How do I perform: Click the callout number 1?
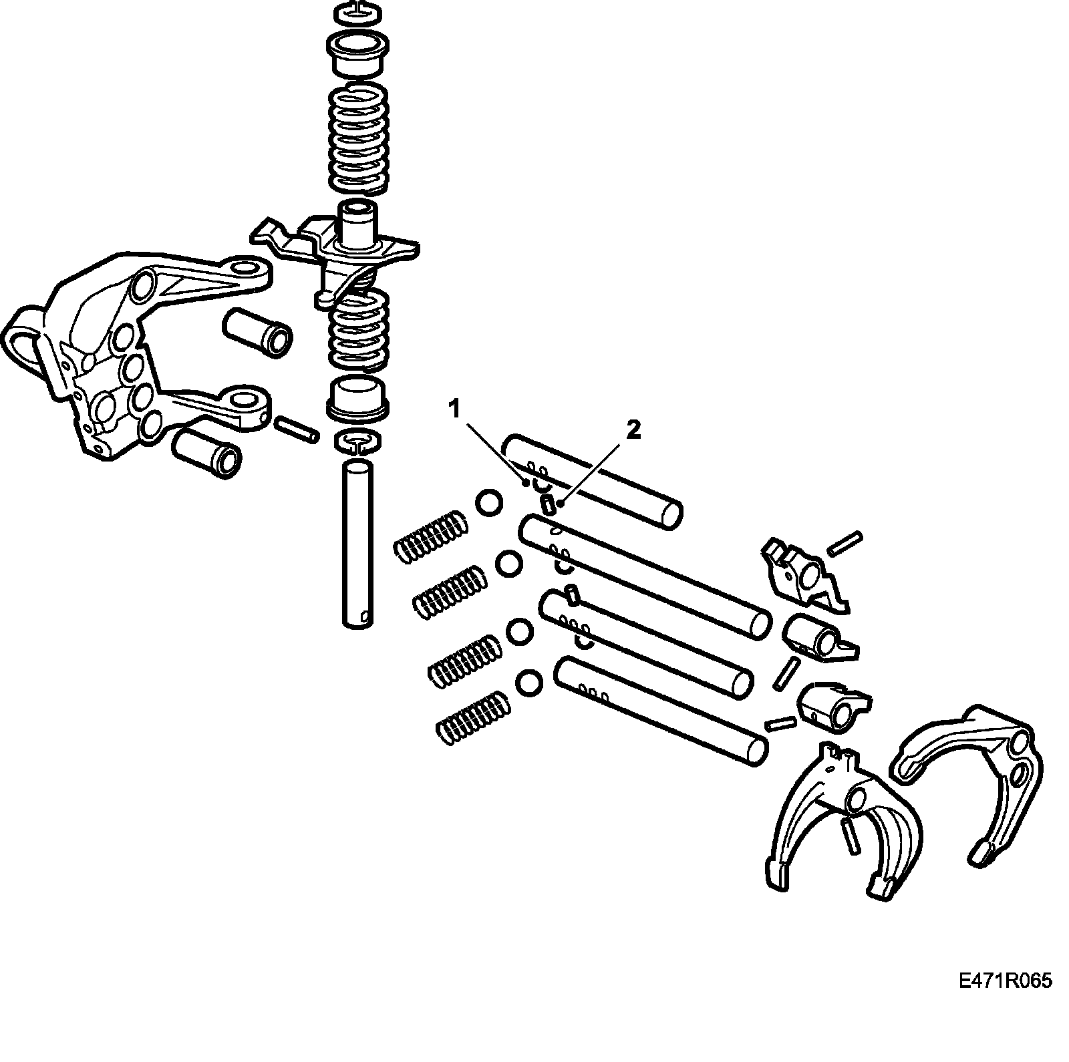point(455,408)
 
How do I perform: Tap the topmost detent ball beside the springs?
point(488,502)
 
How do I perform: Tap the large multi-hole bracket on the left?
point(120,347)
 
